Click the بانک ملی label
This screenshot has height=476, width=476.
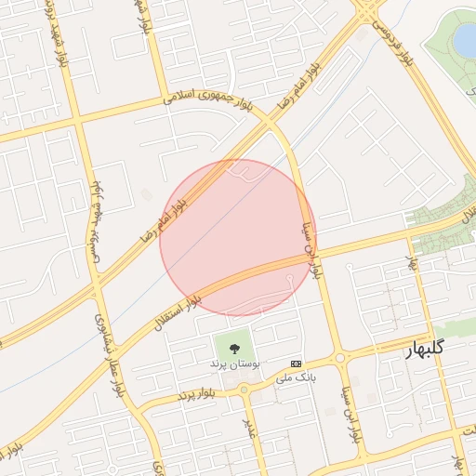tap(296, 378)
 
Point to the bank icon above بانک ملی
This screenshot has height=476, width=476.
tap(296, 364)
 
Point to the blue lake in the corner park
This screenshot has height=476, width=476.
tap(463, 39)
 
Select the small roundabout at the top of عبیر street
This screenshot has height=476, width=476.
tap(244, 390)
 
